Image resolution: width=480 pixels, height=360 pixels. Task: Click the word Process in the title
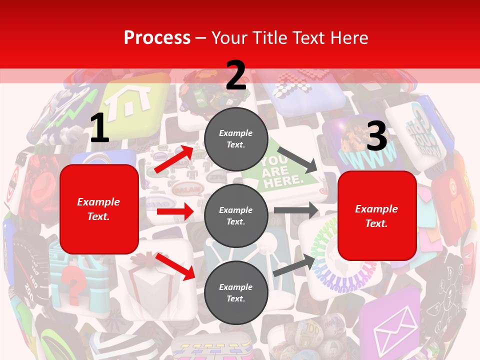click(x=157, y=37)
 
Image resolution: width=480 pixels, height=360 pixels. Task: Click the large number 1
click(x=99, y=128)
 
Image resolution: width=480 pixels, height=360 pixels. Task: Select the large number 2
click(x=236, y=75)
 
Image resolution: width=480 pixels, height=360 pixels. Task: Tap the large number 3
click(x=376, y=136)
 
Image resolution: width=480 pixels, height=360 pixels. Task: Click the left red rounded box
click(x=99, y=209)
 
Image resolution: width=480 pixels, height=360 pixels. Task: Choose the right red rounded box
click(x=377, y=215)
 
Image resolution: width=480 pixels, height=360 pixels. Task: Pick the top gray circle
click(x=236, y=139)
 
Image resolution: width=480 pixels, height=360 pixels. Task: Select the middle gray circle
click(x=236, y=215)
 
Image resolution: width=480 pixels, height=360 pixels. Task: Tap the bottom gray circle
click(x=236, y=292)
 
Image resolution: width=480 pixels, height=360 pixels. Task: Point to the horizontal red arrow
click(x=175, y=212)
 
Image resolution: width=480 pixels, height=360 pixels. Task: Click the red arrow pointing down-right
click(x=175, y=266)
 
